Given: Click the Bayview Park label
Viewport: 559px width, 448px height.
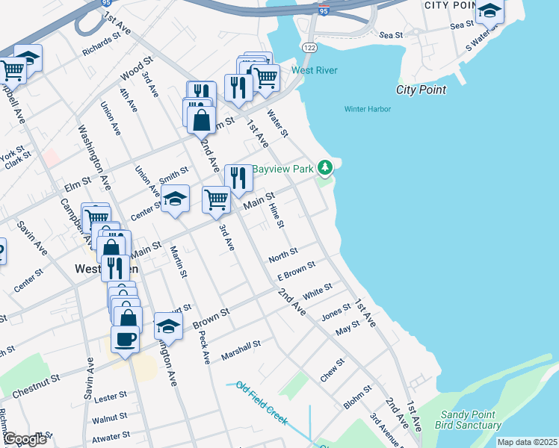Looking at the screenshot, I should coord(282,169).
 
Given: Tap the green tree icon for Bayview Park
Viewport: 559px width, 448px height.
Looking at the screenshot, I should coord(324,167).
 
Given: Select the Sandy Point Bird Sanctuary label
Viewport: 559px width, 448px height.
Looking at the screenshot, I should coord(471,420).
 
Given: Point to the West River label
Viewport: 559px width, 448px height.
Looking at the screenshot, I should coord(315,71).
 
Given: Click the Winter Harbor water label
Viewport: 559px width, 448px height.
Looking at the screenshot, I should coord(368,109).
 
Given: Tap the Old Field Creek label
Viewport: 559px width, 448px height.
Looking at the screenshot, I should coord(262,402).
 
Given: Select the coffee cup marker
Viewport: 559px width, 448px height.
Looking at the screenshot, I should coord(125,338).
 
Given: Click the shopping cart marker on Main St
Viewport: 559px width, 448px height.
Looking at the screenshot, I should coord(216,199).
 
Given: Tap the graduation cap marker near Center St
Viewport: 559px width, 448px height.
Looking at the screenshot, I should coord(175,199).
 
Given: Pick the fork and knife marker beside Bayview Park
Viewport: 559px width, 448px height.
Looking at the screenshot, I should coord(238,178).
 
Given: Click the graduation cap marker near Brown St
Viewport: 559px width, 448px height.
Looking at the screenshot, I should coord(168,326).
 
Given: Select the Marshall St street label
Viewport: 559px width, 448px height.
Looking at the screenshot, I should coord(241,351).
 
